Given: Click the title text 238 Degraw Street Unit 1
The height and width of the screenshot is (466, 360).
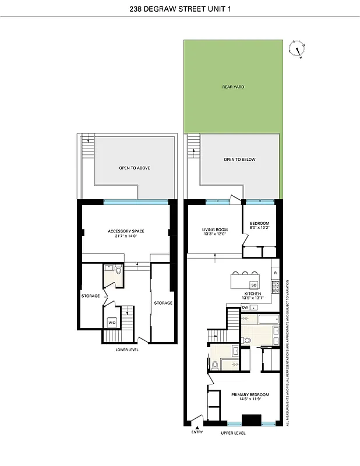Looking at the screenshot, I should tap(180, 9).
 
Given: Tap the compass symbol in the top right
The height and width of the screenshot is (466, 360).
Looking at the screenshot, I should tap(298, 50).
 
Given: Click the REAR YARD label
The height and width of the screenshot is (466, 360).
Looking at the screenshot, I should tap(233, 87).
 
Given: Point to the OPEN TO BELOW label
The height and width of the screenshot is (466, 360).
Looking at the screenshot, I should tap(239, 159).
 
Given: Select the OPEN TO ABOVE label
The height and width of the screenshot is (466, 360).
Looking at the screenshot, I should tap(135, 168).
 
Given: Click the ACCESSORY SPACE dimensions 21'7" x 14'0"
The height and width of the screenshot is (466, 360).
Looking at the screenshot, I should tap(126, 236).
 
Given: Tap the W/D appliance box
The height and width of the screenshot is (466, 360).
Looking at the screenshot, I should tap(111, 323).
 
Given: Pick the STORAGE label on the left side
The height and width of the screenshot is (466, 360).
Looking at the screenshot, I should tap(90, 296).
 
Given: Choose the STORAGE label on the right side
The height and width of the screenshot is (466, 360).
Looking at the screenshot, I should tap(163, 303).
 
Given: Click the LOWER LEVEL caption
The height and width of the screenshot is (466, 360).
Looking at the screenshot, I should tap(126, 349).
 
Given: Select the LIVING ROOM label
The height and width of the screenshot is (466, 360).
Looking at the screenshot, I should tap(214, 230).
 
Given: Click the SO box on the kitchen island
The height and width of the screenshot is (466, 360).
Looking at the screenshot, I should tap(253, 284).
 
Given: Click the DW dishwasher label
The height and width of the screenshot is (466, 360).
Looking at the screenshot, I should tap(246, 307).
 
